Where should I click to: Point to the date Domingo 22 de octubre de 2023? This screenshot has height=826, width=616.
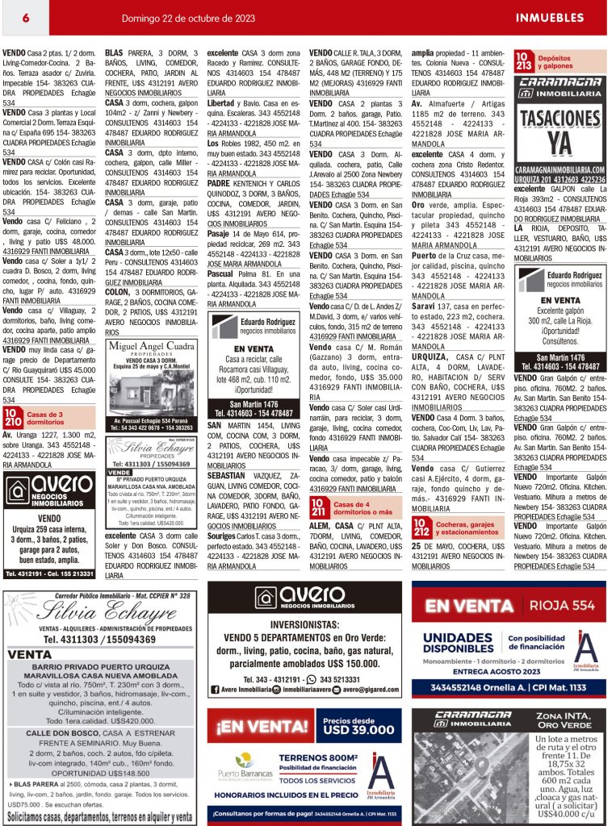coord(188,18)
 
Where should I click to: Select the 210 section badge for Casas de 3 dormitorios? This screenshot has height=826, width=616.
coord(13,417)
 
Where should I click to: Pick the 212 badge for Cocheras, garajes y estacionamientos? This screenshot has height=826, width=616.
coord(421,529)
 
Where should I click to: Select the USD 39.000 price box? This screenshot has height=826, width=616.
coord(360,725)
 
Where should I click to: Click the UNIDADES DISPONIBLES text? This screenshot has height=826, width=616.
coord(458,643)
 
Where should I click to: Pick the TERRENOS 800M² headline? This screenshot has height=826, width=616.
coord(318,757)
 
